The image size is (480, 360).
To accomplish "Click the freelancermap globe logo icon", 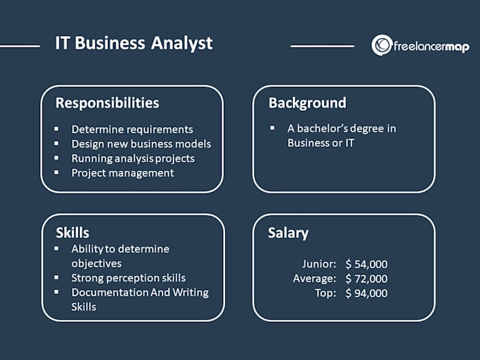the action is pyautogui.click(x=382, y=45).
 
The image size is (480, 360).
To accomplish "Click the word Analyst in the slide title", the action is pyautogui.click(x=181, y=43).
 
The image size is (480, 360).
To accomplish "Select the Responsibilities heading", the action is pyautogui.click(x=107, y=103).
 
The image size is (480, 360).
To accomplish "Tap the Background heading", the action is pyautogui.click(x=307, y=103).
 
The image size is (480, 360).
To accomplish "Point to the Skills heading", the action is pyautogui.click(x=73, y=233).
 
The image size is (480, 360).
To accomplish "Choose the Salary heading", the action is pyautogui.click(x=288, y=233).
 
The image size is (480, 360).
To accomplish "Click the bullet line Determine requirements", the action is pyautogui.click(x=132, y=129).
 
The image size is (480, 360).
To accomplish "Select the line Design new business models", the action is pyautogui.click(x=141, y=144).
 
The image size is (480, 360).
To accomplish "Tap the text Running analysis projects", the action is pyautogui.click(x=133, y=159).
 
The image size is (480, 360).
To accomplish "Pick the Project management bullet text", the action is pyautogui.click(x=122, y=173).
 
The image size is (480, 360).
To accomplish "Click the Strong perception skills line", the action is pyautogui.click(x=128, y=278).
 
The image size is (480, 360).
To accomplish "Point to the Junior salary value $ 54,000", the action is pyautogui.click(x=366, y=264).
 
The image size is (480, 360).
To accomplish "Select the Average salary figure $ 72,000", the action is pyautogui.click(x=366, y=279).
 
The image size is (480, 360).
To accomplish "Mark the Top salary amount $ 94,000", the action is pyautogui.click(x=366, y=293).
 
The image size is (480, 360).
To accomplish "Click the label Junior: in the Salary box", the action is pyautogui.click(x=319, y=264).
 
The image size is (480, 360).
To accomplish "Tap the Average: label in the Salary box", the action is pyautogui.click(x=314, y=279).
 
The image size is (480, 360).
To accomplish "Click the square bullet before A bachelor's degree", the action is pyautogui.click(x=272, y=128).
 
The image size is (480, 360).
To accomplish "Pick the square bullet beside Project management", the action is pyautogui.click(x=56, y=172).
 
